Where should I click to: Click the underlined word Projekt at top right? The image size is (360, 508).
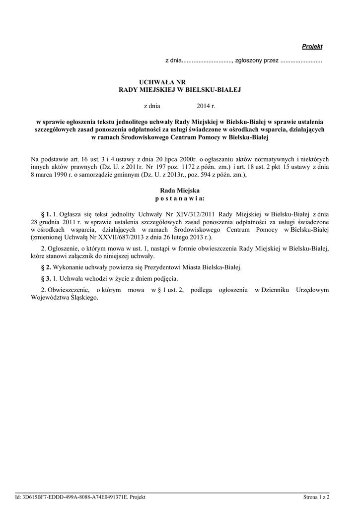pos(312,46)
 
